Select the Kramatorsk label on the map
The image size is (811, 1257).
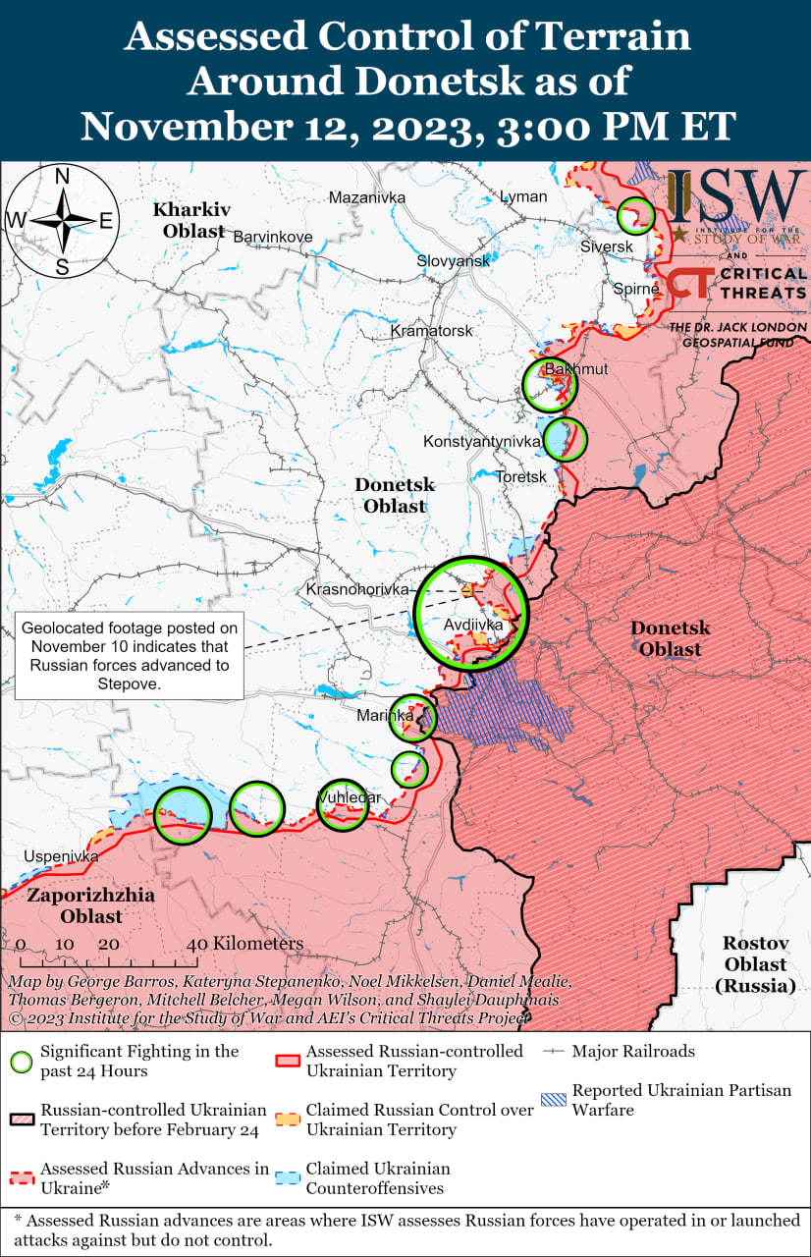coord(431,331)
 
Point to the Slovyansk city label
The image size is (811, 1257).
coord(453,261)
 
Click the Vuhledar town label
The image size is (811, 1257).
coord(349,797)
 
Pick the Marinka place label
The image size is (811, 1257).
coord(385,716)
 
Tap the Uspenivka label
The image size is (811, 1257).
coord(61,856)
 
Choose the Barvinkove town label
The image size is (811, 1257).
coord(272,237)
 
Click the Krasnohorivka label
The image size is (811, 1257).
coord(356,589)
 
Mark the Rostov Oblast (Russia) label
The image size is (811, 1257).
coord(756,963)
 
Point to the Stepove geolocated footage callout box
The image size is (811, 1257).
coord(130,657)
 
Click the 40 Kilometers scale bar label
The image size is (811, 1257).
coord(245,944)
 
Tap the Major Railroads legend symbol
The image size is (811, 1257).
coord(555,1052)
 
